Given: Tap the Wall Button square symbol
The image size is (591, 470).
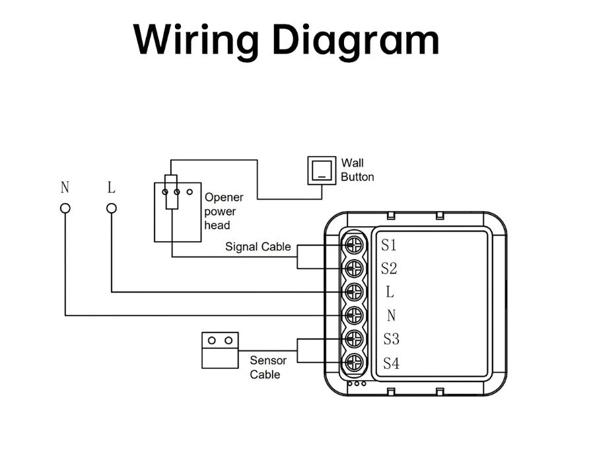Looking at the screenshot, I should click(x=320, y=171).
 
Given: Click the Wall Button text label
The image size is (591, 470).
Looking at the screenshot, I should click(x=357, y=170).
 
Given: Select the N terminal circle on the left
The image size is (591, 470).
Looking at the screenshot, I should click(x=65, y=208).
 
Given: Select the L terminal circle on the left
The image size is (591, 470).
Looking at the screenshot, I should click(x=112, y=208).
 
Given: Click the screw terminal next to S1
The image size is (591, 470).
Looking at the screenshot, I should click(x=355, y=244).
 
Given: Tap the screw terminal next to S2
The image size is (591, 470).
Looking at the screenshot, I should click(x=355, y=268).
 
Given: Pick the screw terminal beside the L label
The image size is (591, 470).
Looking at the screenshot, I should click(x=355, y=292).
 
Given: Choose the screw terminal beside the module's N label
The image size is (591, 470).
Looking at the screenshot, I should click(x=355, y=315).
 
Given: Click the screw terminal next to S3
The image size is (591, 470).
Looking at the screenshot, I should click(x=355, y=338).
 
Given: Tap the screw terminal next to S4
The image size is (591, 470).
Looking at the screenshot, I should click(x=355, y=362).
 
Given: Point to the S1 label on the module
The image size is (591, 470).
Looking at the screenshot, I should click(x=389, y=245).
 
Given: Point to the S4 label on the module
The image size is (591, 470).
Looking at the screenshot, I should click(x=391, y=364).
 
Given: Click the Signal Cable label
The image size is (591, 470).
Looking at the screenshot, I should click(x=258, y=247).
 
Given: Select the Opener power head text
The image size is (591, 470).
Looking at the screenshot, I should click(x=224, y=212).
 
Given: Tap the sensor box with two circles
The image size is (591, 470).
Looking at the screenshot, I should click(x=220, y=350).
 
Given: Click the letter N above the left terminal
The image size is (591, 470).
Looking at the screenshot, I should click(x=65, y=188).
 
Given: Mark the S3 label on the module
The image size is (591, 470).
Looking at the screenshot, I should click(x=391, y=340).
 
